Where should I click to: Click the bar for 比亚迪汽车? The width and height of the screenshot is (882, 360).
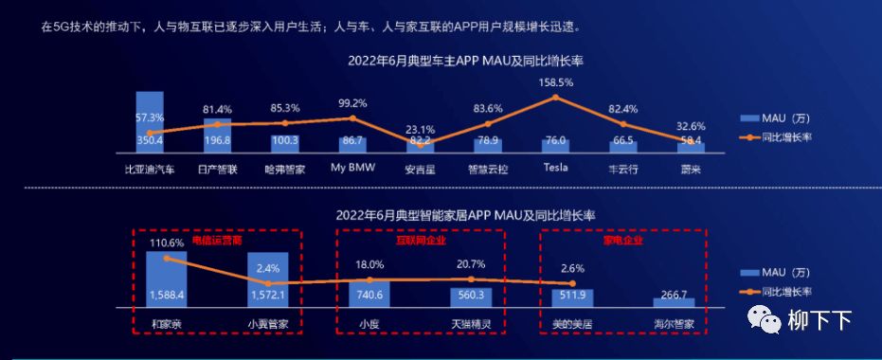(150, 122)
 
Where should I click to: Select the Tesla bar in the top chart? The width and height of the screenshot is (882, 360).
(555, 145)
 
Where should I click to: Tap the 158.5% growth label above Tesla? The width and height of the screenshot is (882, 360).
(555, 82)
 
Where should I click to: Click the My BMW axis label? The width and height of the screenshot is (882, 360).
(352, 168)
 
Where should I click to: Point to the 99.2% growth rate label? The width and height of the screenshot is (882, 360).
(352, 103)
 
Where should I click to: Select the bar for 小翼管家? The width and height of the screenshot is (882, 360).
(268, 280)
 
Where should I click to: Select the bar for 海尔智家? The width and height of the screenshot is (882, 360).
(674, 302)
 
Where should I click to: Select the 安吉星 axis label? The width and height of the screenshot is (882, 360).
(420, 168)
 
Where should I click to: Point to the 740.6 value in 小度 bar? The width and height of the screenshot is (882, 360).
(369, 296)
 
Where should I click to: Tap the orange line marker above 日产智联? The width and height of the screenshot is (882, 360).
(217, 124)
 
